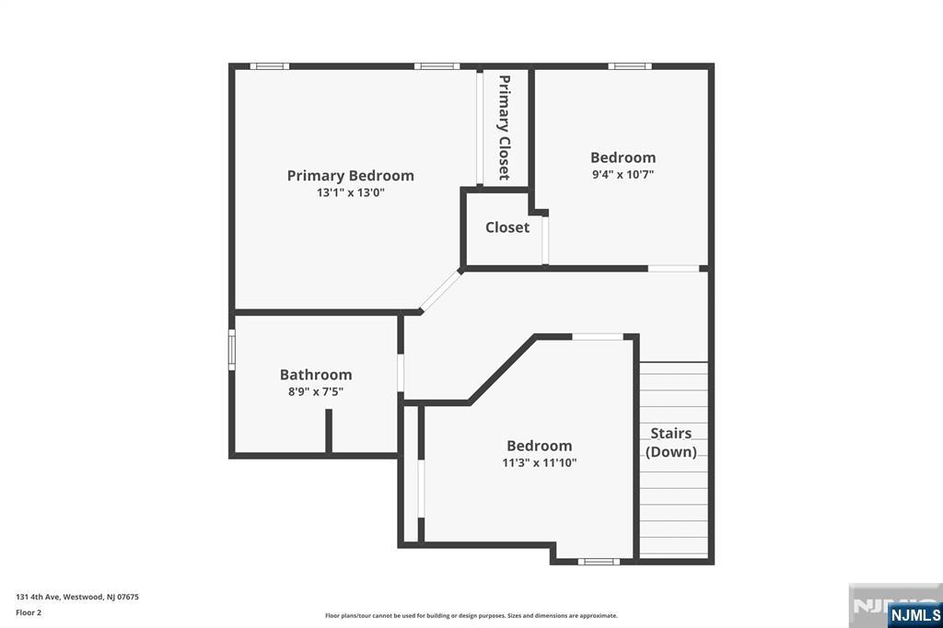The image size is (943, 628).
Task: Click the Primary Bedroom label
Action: tap(350, 176)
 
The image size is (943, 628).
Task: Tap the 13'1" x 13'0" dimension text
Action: tap(351, 193)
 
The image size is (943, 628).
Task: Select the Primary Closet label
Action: tap(505, 127)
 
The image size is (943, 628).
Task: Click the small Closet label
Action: tap(507, 227)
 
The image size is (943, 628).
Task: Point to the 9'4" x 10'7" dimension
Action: tap(623, 175)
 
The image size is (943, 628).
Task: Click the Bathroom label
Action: tap(316, 375)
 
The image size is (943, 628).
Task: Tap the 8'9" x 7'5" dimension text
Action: tap(316, 392)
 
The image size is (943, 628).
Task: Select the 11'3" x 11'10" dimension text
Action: tap(540, 463)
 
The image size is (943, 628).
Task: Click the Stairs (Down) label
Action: tap(671, 442)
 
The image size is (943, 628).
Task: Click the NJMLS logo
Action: tap(914, 614)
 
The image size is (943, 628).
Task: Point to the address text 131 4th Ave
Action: tap(38, 598)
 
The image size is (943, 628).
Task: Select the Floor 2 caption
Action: tap(29, 613)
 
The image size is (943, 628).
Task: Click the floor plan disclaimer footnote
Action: tap(471, 616)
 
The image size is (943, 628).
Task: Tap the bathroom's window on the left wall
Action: tap(231, 350)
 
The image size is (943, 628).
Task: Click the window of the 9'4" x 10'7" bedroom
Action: tap(630, 66)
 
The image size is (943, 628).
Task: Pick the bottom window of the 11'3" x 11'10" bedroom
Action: tap(599, 562)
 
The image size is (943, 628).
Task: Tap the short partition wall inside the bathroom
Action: tap(329, 431)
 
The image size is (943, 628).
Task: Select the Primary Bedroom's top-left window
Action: tap(270, 66)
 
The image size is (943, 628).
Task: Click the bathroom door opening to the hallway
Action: tap(401, 374)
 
